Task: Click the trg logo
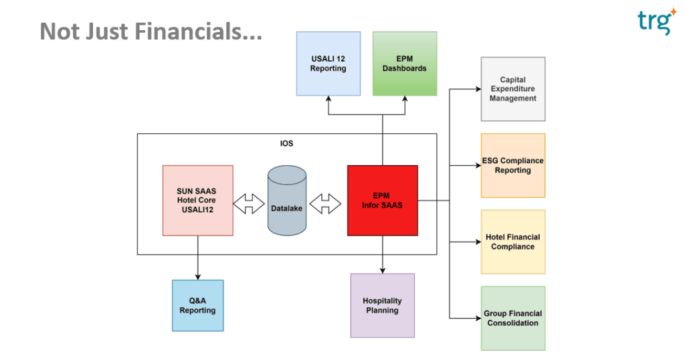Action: click(x=653, y=22)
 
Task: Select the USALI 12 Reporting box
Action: click(x=328, y=63)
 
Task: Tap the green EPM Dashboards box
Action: click(x=404, y=63)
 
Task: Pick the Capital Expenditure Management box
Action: click(x=512, y=89)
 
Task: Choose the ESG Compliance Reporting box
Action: click(x=512, y=165)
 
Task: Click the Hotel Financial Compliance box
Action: click(x=512, y=242)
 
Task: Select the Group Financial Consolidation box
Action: click(x=512, y=318)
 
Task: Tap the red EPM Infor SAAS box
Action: click(x=382, y=200)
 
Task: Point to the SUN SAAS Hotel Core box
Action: click(x=197, y=200)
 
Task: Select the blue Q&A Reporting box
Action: click(x=197, y=305)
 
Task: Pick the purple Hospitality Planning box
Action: click(x=382, y=305)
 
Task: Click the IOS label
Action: click(x=286, y=143)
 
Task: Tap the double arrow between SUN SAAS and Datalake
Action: click(x=250, y=203)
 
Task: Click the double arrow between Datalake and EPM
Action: click(x=326, y=203)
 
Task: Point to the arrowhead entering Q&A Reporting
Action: click(x=197, y=276)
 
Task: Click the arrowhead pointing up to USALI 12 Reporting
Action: click(x=328, y=98)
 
